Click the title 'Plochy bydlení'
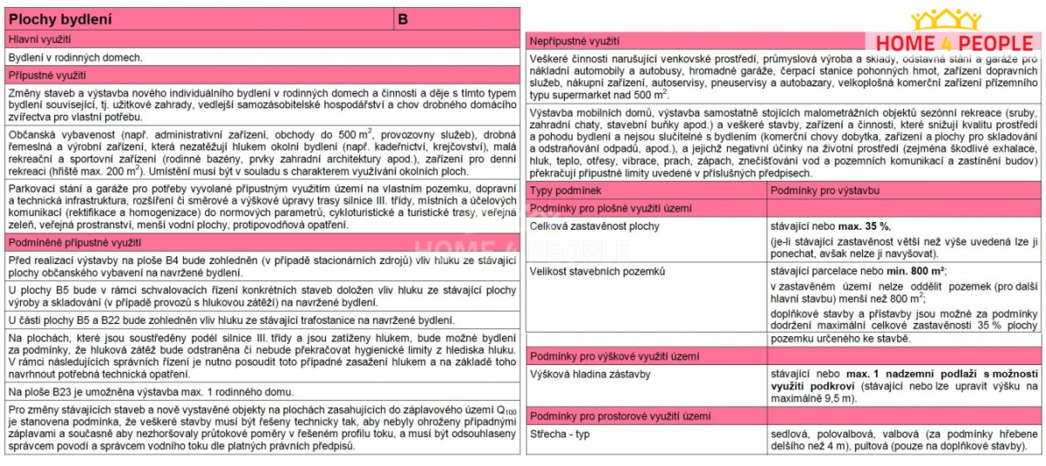58,18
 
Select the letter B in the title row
403,18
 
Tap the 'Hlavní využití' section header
40,40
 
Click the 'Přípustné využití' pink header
47,76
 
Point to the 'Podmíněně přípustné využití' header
75,242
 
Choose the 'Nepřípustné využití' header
575,41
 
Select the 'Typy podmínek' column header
566,190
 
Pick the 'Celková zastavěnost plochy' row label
595,226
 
